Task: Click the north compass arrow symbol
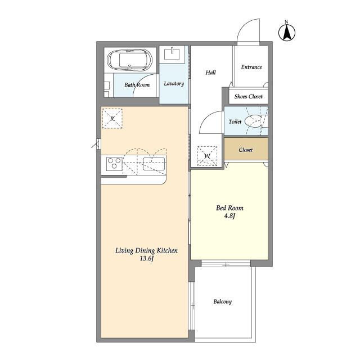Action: pos(287,31)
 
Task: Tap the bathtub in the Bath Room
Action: pos(130,60)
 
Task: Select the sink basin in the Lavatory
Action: pos(172,54)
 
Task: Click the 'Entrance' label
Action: pos(251,67)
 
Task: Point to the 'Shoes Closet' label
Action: pos(249,96)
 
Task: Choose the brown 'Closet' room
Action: pos(246,148)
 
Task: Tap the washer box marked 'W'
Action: pos(208,156)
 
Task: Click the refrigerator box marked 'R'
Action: pos(112,119)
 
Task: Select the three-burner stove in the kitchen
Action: pos(114,163)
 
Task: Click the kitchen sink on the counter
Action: pos(154,164)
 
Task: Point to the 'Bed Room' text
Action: pos(229,208)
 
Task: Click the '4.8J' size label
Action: pos(229,216)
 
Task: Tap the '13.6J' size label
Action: pos(146,259)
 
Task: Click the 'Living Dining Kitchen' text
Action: pos(146,250)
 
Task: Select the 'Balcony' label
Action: pos(223,301)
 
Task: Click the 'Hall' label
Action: pos(210,73)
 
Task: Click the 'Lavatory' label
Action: pos(174,84)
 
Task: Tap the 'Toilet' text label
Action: pos(235,121)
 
